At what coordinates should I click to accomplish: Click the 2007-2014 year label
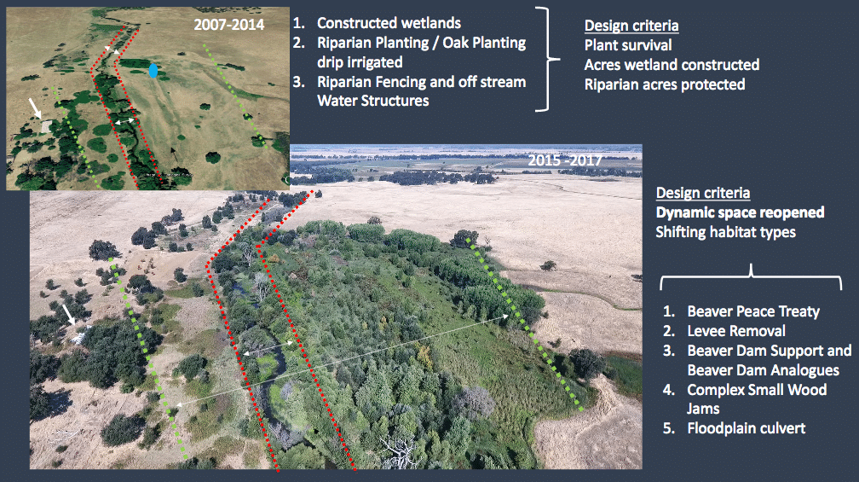coord(229,25)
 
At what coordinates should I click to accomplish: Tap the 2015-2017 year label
coord(565,160)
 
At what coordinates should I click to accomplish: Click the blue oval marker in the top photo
coord(153,71)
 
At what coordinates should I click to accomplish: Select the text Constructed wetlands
coord(389,23)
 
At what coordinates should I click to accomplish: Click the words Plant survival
coord(628,45)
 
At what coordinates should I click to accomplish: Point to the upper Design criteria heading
coord(631,26)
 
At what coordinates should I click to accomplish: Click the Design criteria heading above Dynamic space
coord(703,193)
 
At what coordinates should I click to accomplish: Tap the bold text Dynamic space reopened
coord(740,212)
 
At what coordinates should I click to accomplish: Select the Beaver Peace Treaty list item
coord(753,311)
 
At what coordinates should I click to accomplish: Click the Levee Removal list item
coord(736,331)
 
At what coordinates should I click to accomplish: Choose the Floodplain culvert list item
coord(747,429)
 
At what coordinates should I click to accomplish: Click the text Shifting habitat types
coord(725,233)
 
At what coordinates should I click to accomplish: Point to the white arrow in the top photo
coord(35,107)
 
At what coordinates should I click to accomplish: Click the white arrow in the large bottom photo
coord(68,315)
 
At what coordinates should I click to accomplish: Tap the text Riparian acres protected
coord(665,84)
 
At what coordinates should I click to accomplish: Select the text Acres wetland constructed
coord(672,65)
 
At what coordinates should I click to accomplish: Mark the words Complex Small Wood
coord(757,390)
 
